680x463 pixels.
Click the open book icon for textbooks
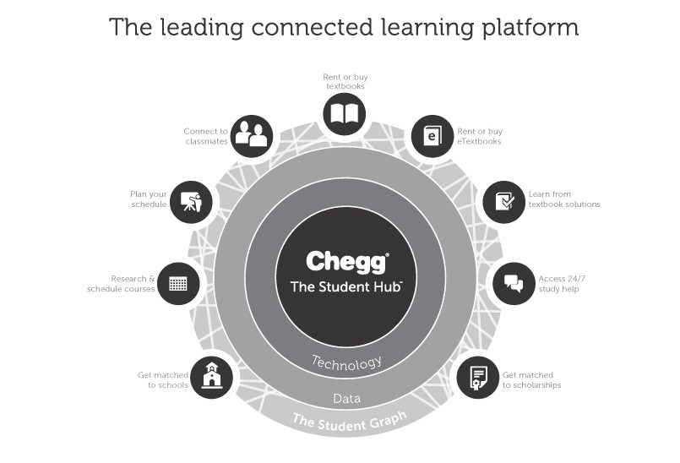[x=344, y=114]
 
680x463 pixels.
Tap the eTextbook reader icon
[x=432, y=136]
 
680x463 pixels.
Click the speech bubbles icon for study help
[x=514, y=284]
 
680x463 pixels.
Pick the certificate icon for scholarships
[x=478, y=377]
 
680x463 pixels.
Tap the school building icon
[x=211, y=376]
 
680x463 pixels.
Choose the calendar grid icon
[x=178, y=284]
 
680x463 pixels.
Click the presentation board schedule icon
[x=191, y=202]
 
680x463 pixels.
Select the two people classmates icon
[x=251, y=136]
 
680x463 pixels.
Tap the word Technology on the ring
[x=347, y=363]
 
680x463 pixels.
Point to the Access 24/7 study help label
[x=559, y=284]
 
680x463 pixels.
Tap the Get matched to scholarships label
[x=532, y=380]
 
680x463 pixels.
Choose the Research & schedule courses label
[x=121, y=284]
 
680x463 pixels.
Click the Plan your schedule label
[x=148, y=199]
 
